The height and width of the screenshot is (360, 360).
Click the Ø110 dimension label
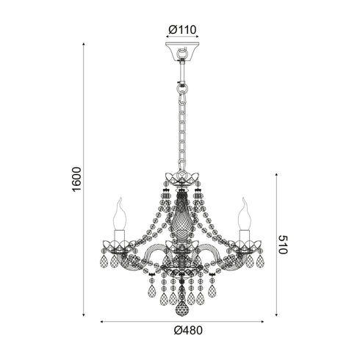(182, 30)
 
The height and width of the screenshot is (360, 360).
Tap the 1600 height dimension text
(76, 179)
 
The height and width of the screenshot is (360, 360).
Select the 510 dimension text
(283, 245)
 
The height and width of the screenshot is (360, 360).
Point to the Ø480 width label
(188, 331)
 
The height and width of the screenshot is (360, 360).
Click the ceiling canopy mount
(182, 51)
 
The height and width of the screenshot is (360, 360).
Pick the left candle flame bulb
(120, 214)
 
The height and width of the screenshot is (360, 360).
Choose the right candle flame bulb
(245, 214)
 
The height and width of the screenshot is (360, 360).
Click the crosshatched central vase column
(181, 217)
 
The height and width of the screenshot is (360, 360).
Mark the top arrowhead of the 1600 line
(84, 44)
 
